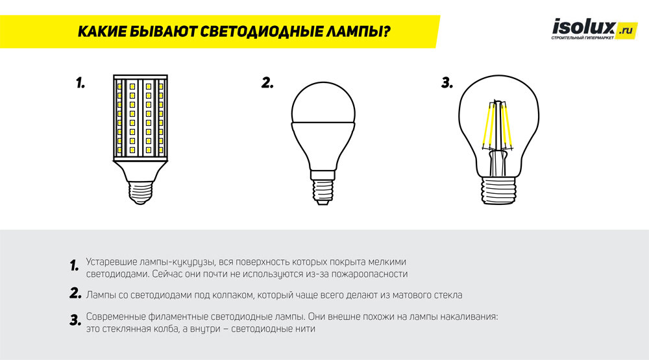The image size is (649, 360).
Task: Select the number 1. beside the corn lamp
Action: pyautogui.click(x=80, y=83)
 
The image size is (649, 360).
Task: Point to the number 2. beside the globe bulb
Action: pyautogui.click(x=267, y=83)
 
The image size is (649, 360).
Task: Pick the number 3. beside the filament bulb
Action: pyautogui.click(x=447, y=83)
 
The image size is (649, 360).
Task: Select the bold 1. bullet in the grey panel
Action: pyautogui.click(x=74, y=265)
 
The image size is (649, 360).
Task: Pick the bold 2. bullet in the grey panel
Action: pyautogui.click(x=75, y=294)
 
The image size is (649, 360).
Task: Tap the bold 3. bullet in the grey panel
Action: pyautogui.click(x=75, y=320)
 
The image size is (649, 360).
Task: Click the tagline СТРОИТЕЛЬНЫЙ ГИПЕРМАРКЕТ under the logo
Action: pyautogui.click(x=582, y=38)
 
